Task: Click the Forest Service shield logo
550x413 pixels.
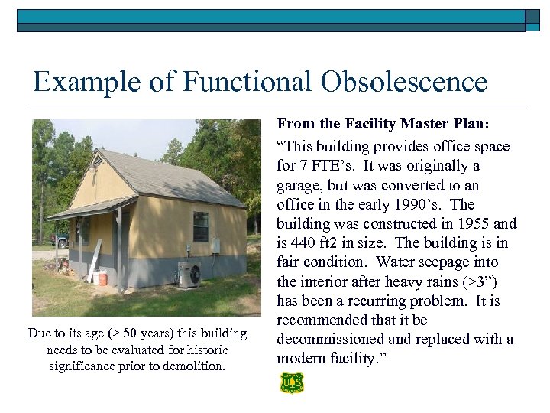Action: pyautogui.click(x=291, y=382)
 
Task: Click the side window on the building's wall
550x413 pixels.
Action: pyautogui.click(x=201, y=226)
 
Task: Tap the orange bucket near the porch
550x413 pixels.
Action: pyautogui.click(x=102, y=277)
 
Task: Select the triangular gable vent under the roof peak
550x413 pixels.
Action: pyautogui.click(x=96, y=161)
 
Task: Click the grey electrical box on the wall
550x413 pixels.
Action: pyautogui.click(x=216, y=246)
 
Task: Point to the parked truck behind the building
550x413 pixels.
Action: pyautogui.click(x=61, y=239)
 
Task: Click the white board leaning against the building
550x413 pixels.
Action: pyautogui.click(x=93, y=261)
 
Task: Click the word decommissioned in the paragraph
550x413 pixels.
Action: pyautogui.click(x=331, y=339)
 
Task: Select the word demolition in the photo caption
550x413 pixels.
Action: pyautogui.click(x=194, y=366)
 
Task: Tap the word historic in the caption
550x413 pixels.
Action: pyautogui.click(x=202, y=350)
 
